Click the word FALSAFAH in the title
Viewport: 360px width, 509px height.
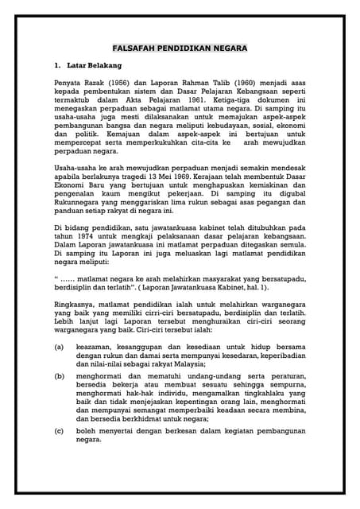tap(134, 48)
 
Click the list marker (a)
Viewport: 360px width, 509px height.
tap(59, 347)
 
